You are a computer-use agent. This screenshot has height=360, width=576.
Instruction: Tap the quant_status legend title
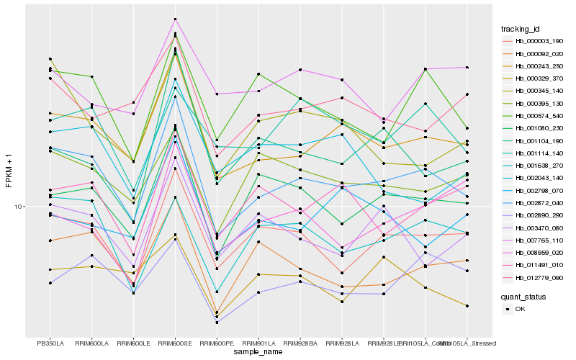[x=524, y=296]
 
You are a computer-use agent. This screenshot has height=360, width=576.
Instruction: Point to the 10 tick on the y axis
[x=19, y=207]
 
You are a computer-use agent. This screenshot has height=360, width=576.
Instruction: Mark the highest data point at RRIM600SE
[x=175, y=19]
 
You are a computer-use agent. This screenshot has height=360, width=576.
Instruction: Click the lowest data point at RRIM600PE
[x=217, y=322]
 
